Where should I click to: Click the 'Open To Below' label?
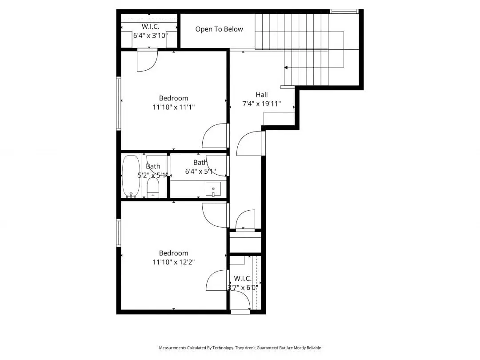[219, 29]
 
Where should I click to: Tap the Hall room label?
[262, 95]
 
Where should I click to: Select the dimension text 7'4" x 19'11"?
[262, 104]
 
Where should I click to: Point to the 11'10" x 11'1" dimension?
[174, 107]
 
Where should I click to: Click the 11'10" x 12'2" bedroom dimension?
[174, 262]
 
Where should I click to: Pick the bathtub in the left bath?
[131, 176]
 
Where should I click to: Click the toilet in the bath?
[153, 188]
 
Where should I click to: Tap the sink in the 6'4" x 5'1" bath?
[213, 189]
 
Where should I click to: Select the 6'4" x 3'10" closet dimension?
[150, 36]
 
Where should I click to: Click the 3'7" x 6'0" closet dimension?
[243, 288]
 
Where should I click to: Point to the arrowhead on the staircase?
[286, 68]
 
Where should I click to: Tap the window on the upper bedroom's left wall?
[119, 104]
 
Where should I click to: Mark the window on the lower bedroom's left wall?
[119, 232]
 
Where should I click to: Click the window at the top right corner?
[344, 11]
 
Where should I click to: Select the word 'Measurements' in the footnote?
[172, 348]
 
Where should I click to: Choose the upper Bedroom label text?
[174, 98]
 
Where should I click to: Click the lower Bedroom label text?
[174, 253]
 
